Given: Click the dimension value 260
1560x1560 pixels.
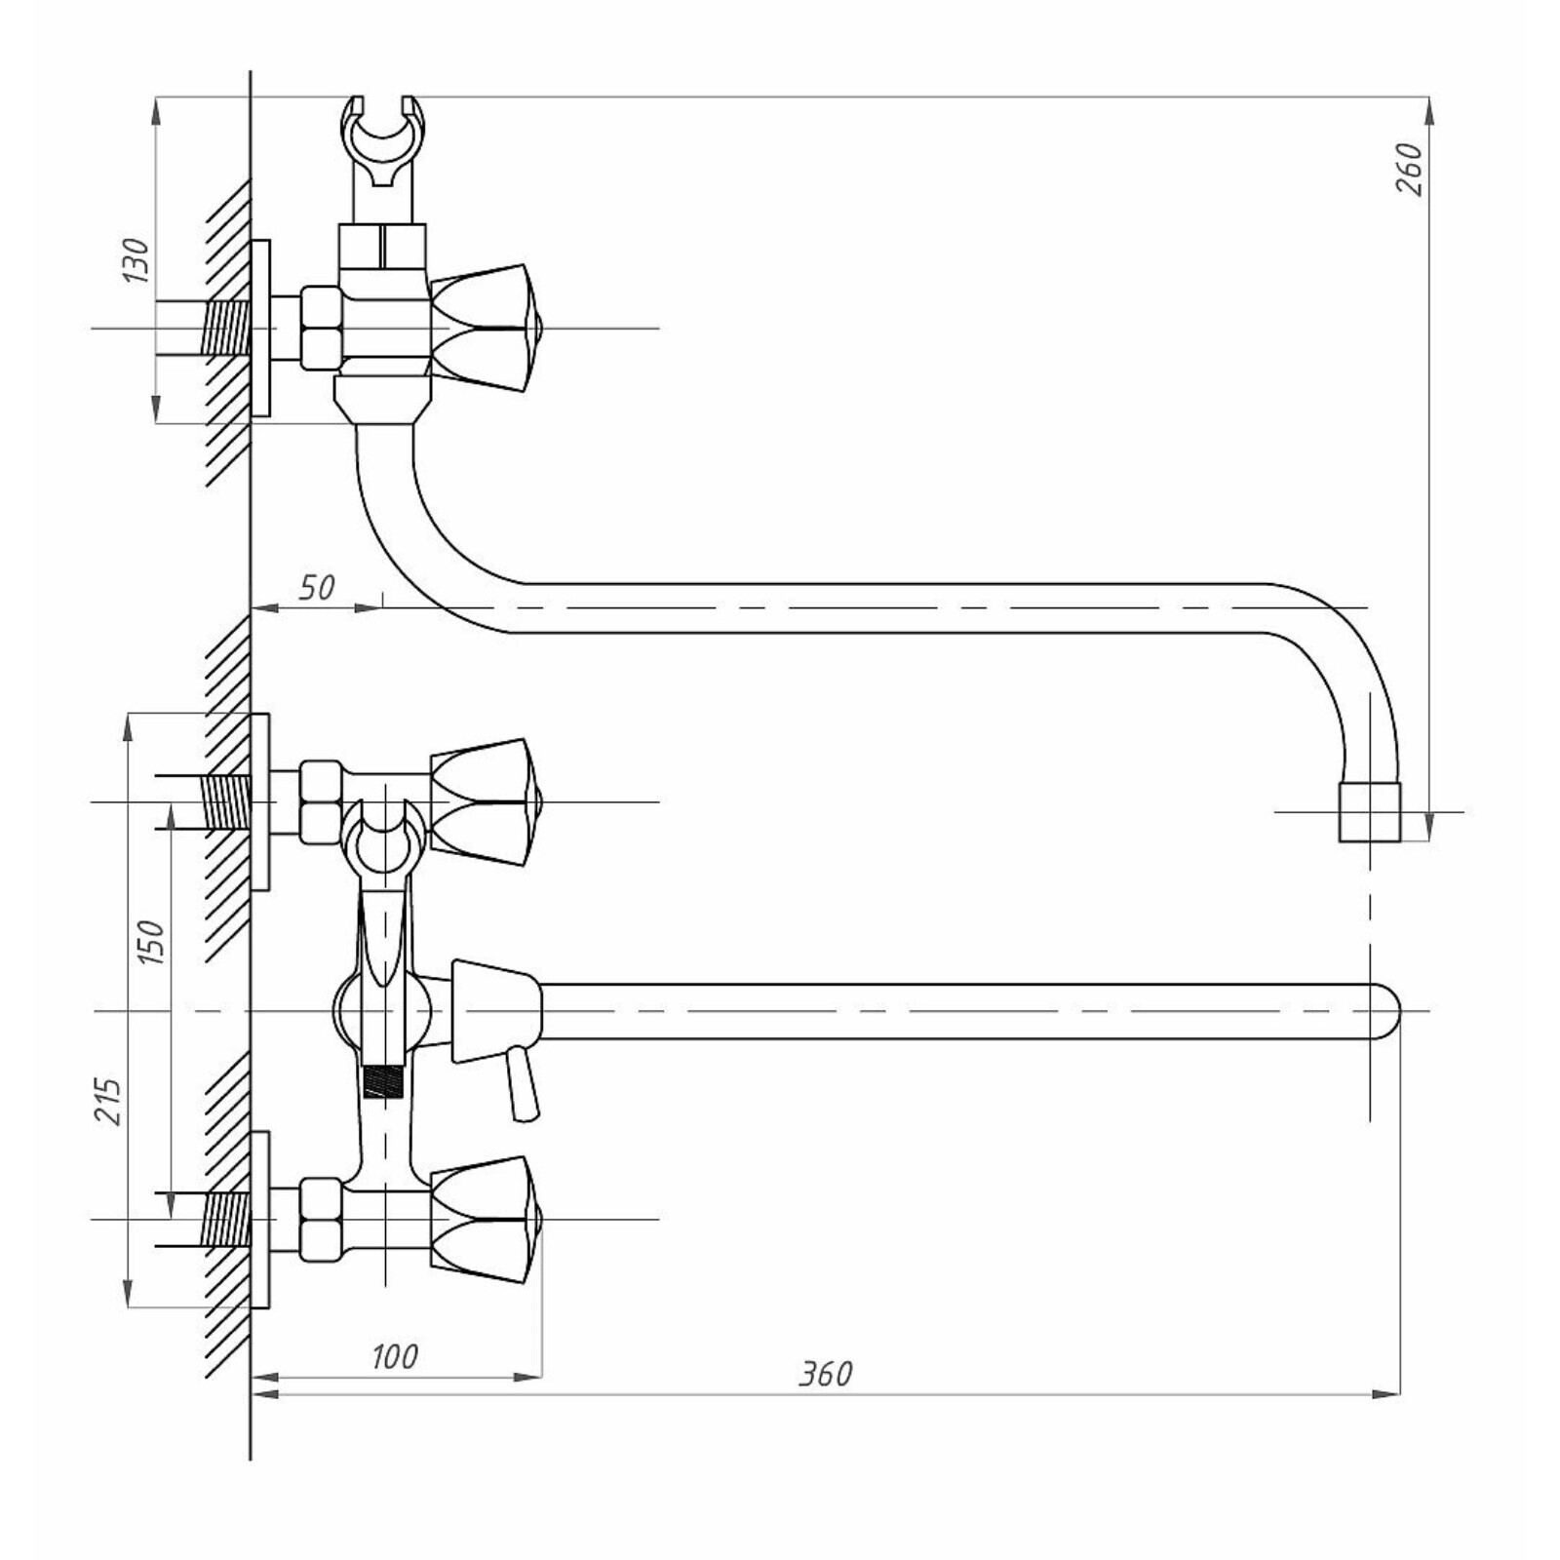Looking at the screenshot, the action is coord(1410,169).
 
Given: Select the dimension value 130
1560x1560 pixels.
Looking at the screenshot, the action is coord(136,260).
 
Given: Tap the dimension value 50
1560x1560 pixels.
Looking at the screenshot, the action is coord(316,587).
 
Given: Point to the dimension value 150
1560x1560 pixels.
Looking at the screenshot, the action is coord(151,942).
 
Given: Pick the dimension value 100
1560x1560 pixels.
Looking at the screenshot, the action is coord(394,1356).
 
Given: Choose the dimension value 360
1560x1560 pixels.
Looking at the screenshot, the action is coord(825,1374).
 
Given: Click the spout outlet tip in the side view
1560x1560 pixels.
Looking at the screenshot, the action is coord(1370,811).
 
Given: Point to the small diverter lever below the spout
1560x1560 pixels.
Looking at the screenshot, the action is coord(521,1084).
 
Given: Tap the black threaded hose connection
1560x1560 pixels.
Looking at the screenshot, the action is coord(383,1081).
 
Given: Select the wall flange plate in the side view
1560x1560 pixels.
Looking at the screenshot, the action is coord(260,329).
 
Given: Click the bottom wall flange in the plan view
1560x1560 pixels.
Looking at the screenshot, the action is coord(260,1220).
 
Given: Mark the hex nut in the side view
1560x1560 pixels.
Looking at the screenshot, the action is coord(321,329).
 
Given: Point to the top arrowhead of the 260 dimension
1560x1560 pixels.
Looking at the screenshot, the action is coord(1429,110).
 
